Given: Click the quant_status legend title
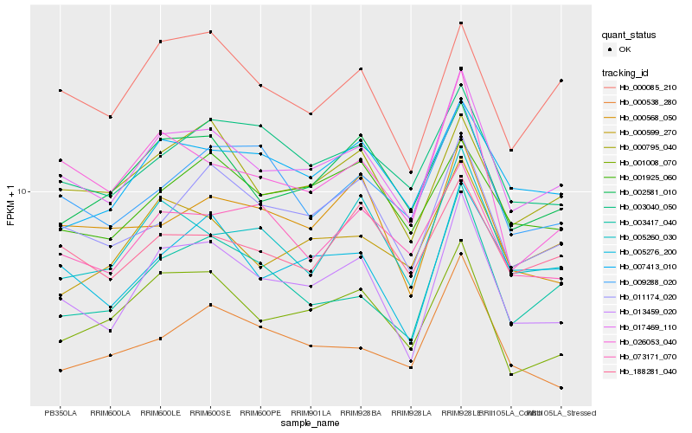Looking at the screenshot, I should [630, 36].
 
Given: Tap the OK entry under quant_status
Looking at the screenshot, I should [625, 49].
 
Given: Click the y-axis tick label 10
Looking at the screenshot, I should [25, 191].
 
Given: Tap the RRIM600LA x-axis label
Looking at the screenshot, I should [110, 412].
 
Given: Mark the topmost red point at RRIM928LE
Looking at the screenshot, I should [461, 23].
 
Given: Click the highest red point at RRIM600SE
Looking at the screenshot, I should [210, 32].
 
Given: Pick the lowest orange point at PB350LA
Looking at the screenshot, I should [61, 371].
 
